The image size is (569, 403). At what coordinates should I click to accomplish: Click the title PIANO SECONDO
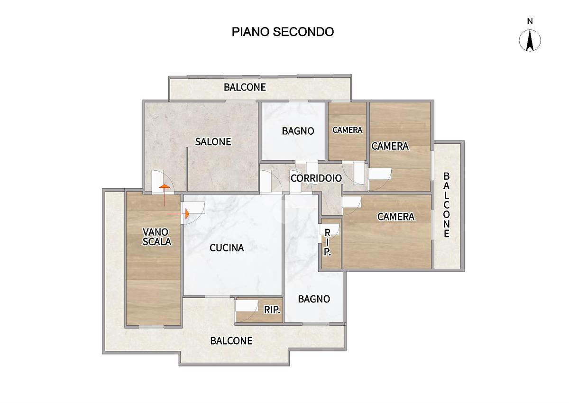coord(283,32)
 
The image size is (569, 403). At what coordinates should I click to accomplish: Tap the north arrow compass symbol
coord(530,40)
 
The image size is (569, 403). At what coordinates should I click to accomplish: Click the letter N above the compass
coord(530,21)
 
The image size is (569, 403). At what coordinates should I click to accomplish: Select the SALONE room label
coord(213,142)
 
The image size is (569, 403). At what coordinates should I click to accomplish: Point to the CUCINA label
coord(227,247)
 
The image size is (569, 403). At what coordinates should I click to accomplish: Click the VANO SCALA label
coord(157,237)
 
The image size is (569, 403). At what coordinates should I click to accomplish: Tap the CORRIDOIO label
coord(316,178)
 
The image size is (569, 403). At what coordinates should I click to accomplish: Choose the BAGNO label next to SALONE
coord(298,131)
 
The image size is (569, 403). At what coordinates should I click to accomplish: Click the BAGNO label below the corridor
coord(314,299)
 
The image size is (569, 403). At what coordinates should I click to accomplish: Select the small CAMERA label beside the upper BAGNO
coord(347,130)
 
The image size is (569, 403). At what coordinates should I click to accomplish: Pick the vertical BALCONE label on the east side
coord(446,205)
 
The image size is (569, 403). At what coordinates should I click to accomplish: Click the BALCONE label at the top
coord(245,87)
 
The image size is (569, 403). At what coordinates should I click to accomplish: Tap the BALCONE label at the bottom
coord(231,341)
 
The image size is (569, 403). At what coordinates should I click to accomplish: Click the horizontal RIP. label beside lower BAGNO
coord(272,310)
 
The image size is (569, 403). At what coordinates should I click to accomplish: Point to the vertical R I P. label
coord(327,242)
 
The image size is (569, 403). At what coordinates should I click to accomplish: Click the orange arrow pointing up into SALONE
coord(165,195)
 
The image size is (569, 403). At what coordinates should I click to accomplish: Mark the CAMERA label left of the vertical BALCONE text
coord(396,217)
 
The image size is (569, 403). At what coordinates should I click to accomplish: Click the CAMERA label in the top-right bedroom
coord(390,146)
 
